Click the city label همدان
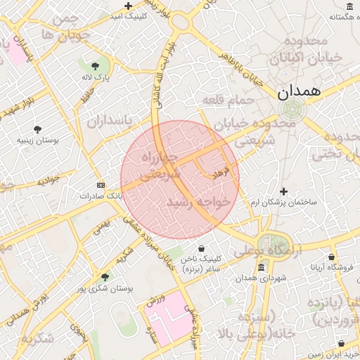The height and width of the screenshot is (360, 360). (299, 91)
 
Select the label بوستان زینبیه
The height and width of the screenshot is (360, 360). (38, 141)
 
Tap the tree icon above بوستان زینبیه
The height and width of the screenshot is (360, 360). (37, 129)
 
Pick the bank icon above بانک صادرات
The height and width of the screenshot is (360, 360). (101, 185)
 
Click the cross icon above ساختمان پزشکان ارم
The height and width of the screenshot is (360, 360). (283, 191)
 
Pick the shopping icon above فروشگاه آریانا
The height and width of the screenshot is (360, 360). (332, 257)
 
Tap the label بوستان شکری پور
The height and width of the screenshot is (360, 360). (105, 288)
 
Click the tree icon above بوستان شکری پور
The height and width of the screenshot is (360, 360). (105, 277)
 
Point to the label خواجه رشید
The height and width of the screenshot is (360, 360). (199, 202)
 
